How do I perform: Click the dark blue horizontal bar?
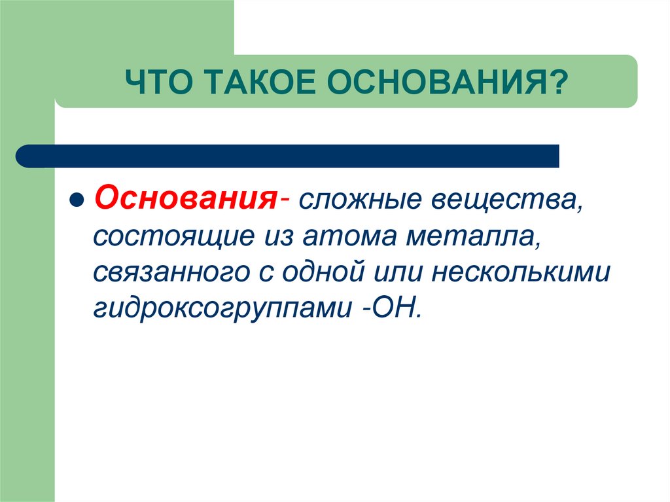(x=294, y=156)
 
